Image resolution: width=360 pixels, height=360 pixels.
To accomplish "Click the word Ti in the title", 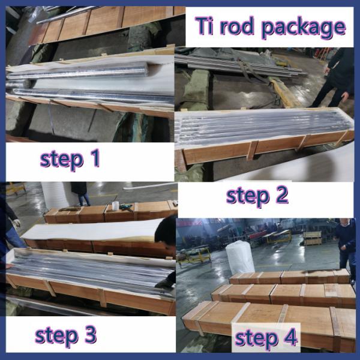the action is [x=204, y=26].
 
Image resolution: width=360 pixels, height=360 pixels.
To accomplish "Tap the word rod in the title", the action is [x=237, y=26].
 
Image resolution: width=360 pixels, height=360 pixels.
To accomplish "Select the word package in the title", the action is [x=303, y=29].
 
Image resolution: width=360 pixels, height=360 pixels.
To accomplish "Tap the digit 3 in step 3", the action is [x=90, y=334].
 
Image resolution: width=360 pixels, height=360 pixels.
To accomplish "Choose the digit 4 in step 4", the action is [x=290, y=337].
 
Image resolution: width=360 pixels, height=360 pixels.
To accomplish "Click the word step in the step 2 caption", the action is [x=247, y=197].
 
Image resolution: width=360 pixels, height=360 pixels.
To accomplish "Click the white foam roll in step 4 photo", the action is [x=239, y=257].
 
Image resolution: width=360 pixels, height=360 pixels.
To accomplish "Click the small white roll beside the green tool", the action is [x=115, y=206].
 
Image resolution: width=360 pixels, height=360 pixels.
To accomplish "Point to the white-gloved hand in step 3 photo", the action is [x=17, y=223].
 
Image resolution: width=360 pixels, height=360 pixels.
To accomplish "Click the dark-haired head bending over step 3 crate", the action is [x=166, y=230].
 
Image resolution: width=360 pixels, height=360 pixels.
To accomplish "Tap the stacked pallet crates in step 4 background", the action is [x=312, y=238].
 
